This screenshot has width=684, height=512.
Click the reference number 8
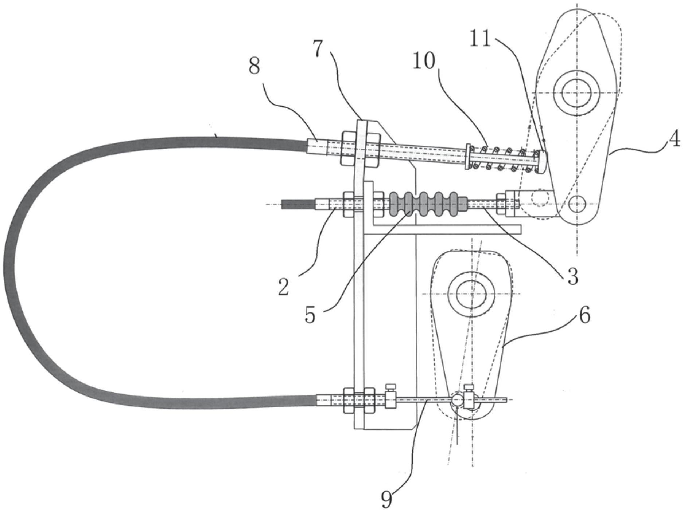click(x=254, y=66)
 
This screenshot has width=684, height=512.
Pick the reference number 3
click(x=573, y=276)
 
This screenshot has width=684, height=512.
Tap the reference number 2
click(x=283, y=287)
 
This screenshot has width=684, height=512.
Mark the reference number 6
click(x=584, y=315)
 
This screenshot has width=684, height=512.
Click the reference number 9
click(x=386, y=499)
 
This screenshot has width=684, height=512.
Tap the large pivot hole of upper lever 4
click(x=576, y=93)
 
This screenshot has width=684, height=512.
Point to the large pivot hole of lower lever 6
click(x=471, y=293)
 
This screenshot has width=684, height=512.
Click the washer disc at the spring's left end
click(x=468, y=157)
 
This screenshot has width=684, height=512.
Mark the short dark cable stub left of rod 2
click(x=298, y=204)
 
